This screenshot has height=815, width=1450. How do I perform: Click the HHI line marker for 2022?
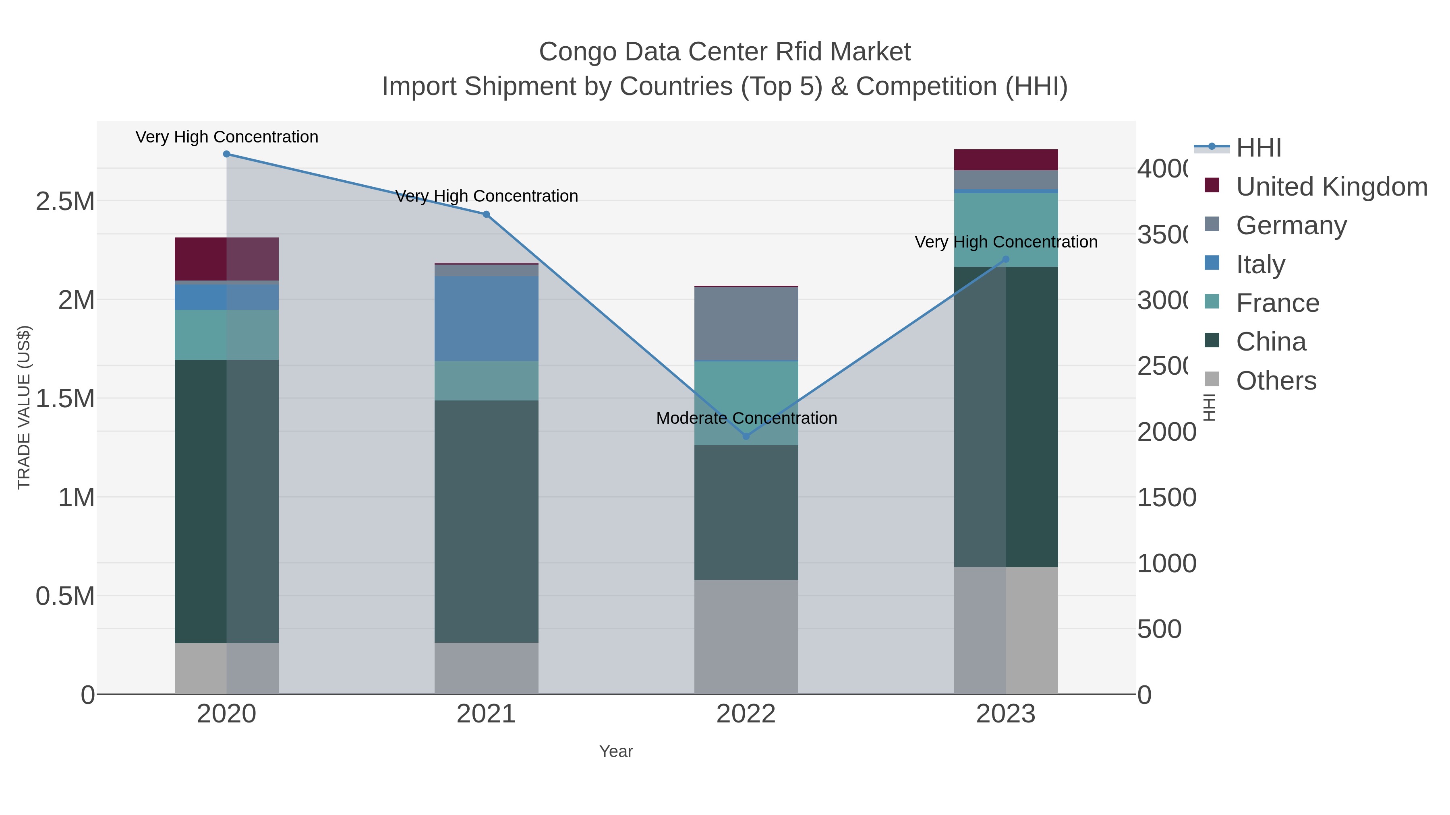pos(746,436)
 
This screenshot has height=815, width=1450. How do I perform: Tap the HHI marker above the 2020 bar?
pos(226,154)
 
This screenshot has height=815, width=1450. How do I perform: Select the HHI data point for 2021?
pos(486,214)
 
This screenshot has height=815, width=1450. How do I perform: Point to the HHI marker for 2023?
pos(1006,259)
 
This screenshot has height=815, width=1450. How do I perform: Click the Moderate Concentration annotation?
pos(746,418)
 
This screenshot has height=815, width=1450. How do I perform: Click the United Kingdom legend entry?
pos(1331,186)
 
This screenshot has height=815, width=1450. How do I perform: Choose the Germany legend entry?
pos(1291,225)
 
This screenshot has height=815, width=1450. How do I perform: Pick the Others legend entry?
pos(1276,381)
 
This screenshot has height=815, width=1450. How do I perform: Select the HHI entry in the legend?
pos(1259,148)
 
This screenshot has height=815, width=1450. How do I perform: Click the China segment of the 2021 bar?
pos(486,521)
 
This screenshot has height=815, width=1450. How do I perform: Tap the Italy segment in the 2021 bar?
pos(486,318)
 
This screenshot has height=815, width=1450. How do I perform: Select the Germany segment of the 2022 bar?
pos(746,324)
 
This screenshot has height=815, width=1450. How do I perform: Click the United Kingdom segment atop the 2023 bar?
pos(1006,160)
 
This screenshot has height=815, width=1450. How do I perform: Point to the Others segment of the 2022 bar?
pos(746,637)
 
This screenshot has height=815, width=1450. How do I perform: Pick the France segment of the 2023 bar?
pos(1006,229)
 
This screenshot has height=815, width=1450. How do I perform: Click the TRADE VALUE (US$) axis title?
pos(24,407)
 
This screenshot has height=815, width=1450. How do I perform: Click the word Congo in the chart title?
pos(577,52)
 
